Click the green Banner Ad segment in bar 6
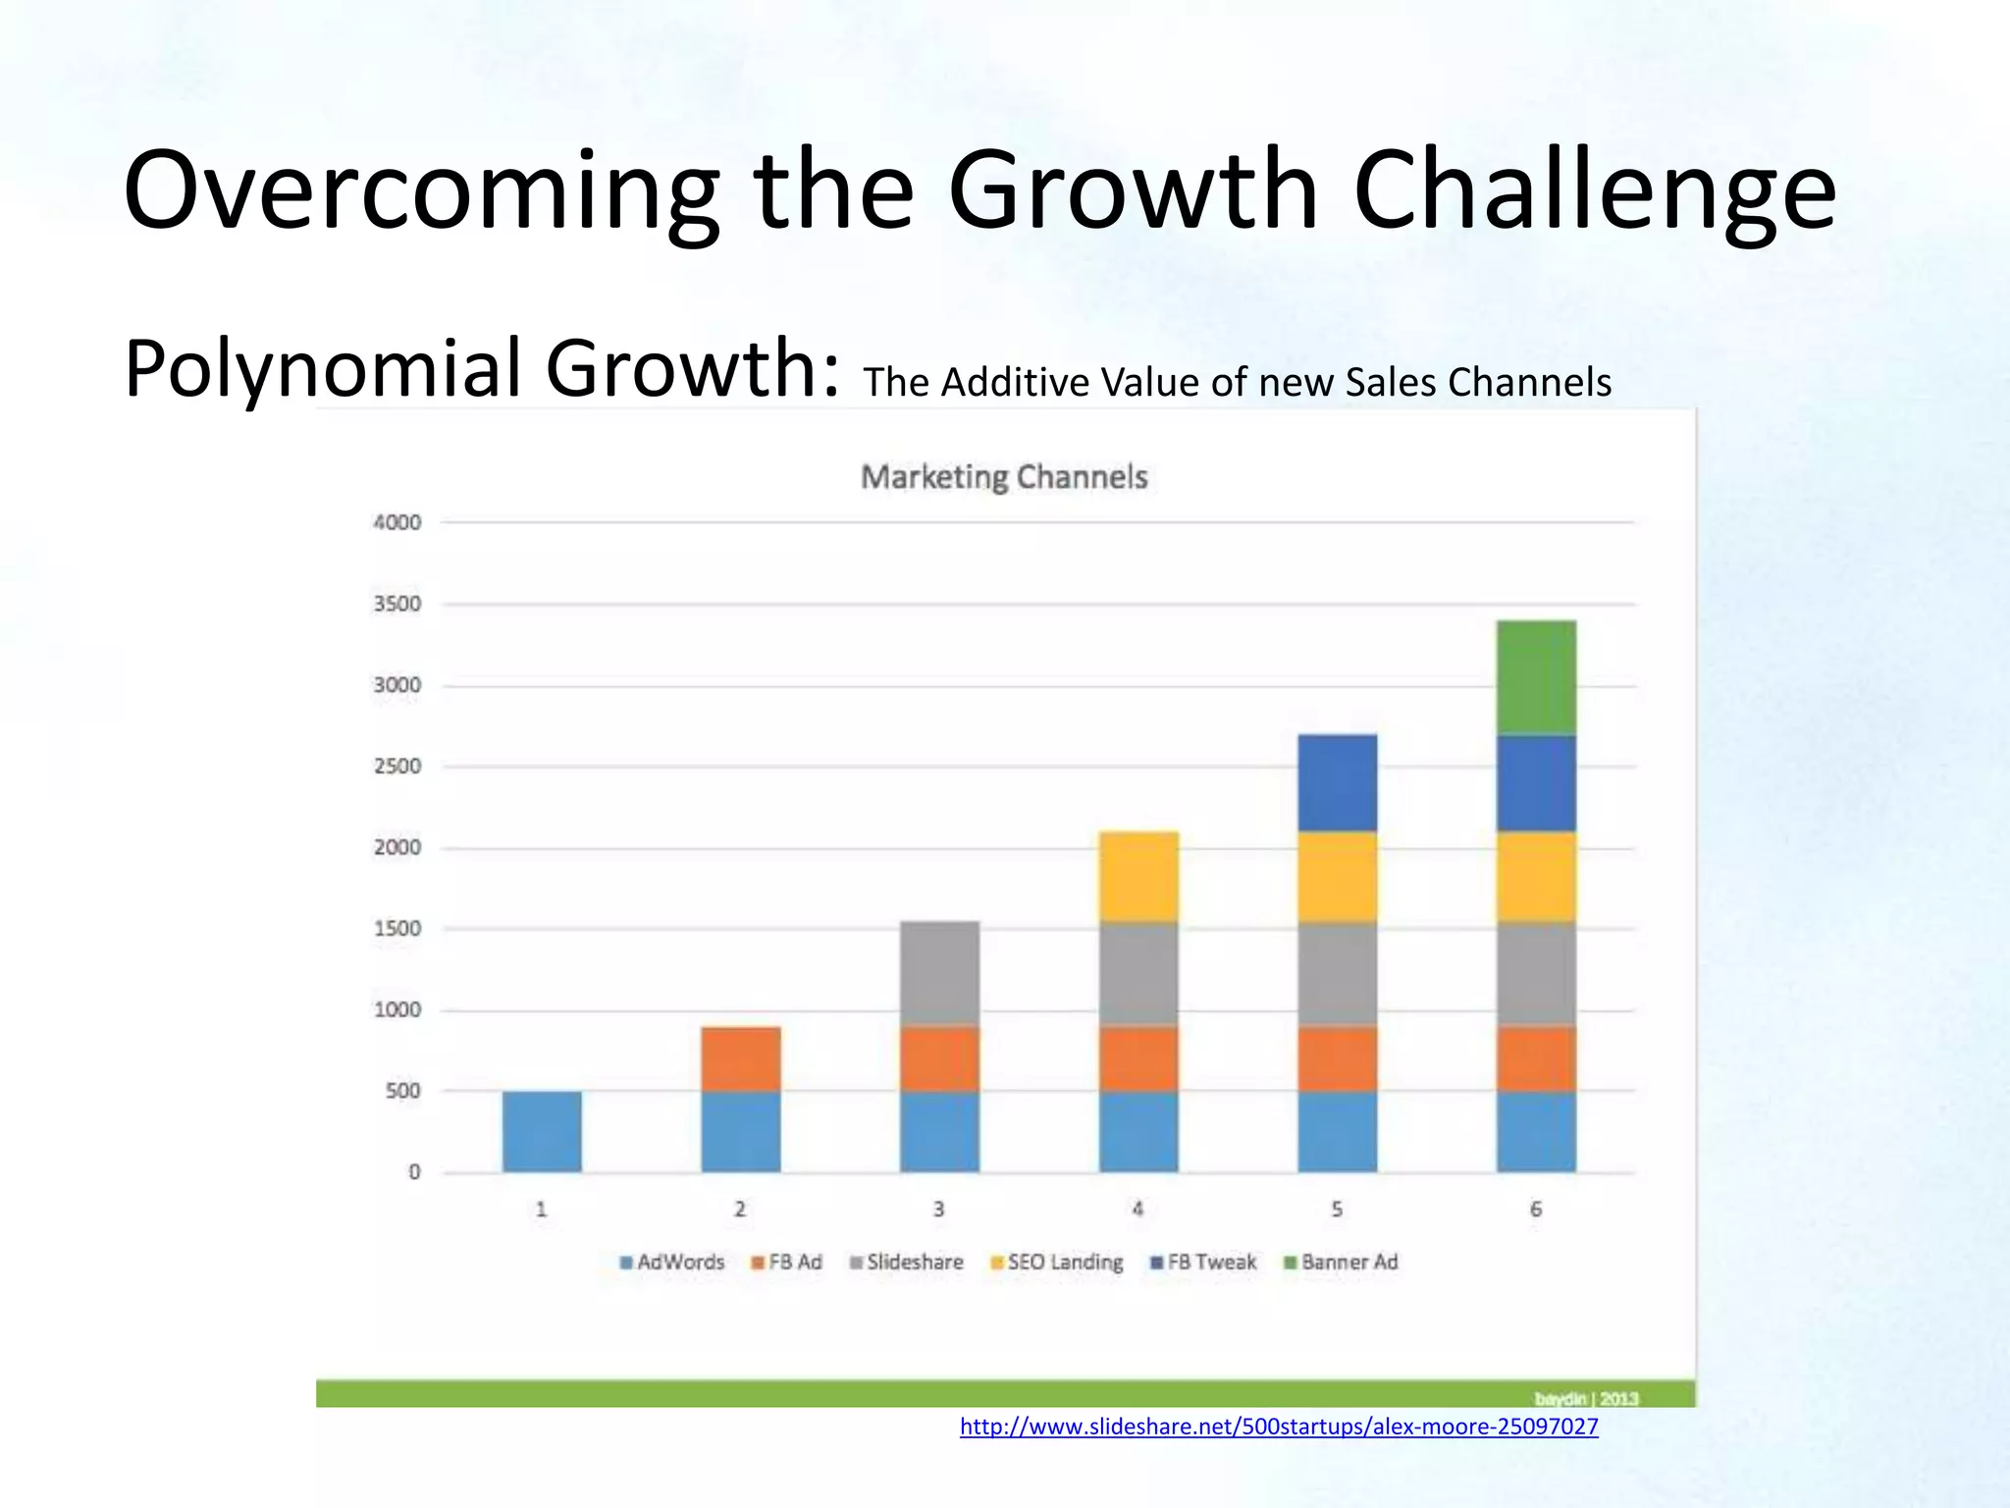pyautogui.click(x=1536, y=677)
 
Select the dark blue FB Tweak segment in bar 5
pyautogui.click(x=1337, y=782)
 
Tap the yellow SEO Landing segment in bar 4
pyautogui.click(x=1138, y=876)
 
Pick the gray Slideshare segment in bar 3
pyautogui.click(x=939, y=973)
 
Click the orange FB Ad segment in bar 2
pyautogui.click(x=741, y=1058)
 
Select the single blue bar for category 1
pyautogui.click(x=542, y=1131)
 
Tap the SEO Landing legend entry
pyautogui.click(x=1057, y=1263)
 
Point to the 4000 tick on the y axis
pyautogui.click(x=397, y=522)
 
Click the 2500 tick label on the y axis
pyautogui.click(x=397, y=766)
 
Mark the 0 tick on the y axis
pyautogui.click(x=414, y=1172)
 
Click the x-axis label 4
pyautogui.click(x=1137, y=1210)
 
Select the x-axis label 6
pyautogui.click(x=1536, y=1210)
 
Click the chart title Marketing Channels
pyautogui.click(x=1004, y=477)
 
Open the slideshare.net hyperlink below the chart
pyautogui.click(x=1279, y=1427)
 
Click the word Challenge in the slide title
pyautogui.click(x=1594, y=190)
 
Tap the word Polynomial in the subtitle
pyautogui.click(x=324, y=368)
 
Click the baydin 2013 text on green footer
pyautogui.click(x=1586, y=1398)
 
